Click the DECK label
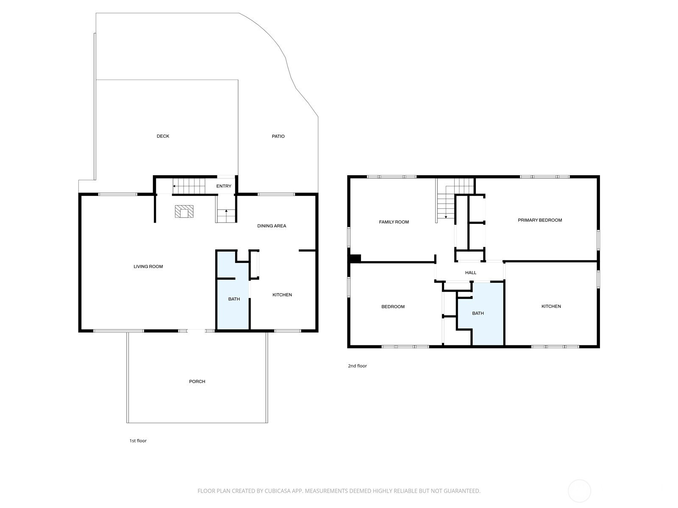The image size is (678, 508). pos(163,136)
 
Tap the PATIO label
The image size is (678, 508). pos(278,136)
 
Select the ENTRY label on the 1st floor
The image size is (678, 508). pos(224,186)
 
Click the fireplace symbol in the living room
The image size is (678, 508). pos(184,212)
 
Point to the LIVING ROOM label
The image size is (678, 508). pos(148,267)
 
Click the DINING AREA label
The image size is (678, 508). pos(272,226)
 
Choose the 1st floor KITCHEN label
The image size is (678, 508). pos(282,295)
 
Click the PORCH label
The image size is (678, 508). pos(197,381)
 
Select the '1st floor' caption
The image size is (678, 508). pos(138,440)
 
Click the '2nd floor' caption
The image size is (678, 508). pos(357,366)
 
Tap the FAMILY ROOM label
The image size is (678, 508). pos(394,222)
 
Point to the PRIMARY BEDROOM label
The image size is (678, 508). pos(539,220)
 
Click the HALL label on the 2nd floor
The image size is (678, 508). pos(470,272)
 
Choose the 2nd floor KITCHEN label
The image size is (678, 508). pos(551,306)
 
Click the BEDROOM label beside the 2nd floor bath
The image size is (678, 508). pos(393,306)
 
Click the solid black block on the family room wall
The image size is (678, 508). pos(355,259)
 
